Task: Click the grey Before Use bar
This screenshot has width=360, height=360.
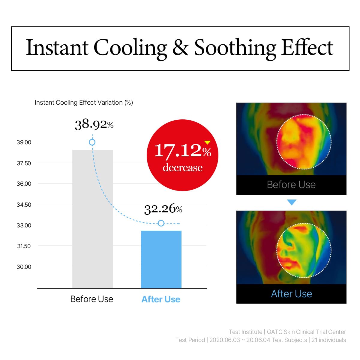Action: [x=92, y=219]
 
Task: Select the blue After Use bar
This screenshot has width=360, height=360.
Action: [x=161, y=259]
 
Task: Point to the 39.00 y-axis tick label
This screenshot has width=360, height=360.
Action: [x=24, y=142]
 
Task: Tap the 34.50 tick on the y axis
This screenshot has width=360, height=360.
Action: [x=24, y=205]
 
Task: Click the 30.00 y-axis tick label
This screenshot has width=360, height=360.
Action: [x=24, y=267]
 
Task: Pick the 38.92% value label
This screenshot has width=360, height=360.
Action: [x=94, y=124]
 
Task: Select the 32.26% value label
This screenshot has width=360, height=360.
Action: [x=163, y=208]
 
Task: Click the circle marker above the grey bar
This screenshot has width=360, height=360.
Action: [x=92, y=142]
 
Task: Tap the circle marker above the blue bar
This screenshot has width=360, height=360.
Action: [x=161, y=223]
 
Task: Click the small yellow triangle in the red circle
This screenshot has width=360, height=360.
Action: [x=207, y=142]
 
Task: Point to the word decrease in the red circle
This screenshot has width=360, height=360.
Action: [x=182, y=167]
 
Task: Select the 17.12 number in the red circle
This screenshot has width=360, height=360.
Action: [x=178, y=150]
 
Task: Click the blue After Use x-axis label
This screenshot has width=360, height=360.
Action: [x=161, y=299]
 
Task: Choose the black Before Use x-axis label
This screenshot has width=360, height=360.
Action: [x=91, y=299]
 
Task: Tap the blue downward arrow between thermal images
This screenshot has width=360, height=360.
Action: [x=292, y=202]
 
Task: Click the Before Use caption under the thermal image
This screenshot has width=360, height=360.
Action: [x=291, y=184]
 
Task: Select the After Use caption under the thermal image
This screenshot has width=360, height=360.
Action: [x=291, y=294]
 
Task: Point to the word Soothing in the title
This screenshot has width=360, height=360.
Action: [x=235, y=48]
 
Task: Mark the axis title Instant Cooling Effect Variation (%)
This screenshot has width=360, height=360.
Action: [x=84, y=103]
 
